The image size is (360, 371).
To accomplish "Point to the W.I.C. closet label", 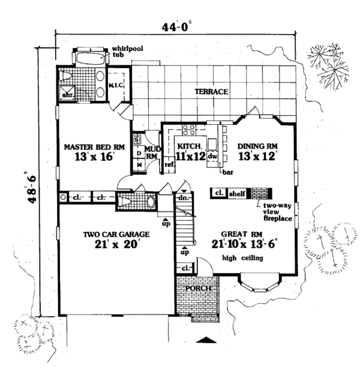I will (x=116, y=84).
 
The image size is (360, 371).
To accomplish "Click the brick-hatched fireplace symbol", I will (x=259, y=193).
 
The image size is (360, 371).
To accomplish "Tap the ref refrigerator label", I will (x=169, y=164).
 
